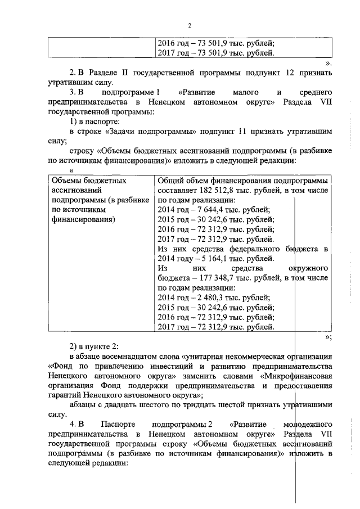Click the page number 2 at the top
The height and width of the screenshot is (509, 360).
190,25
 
